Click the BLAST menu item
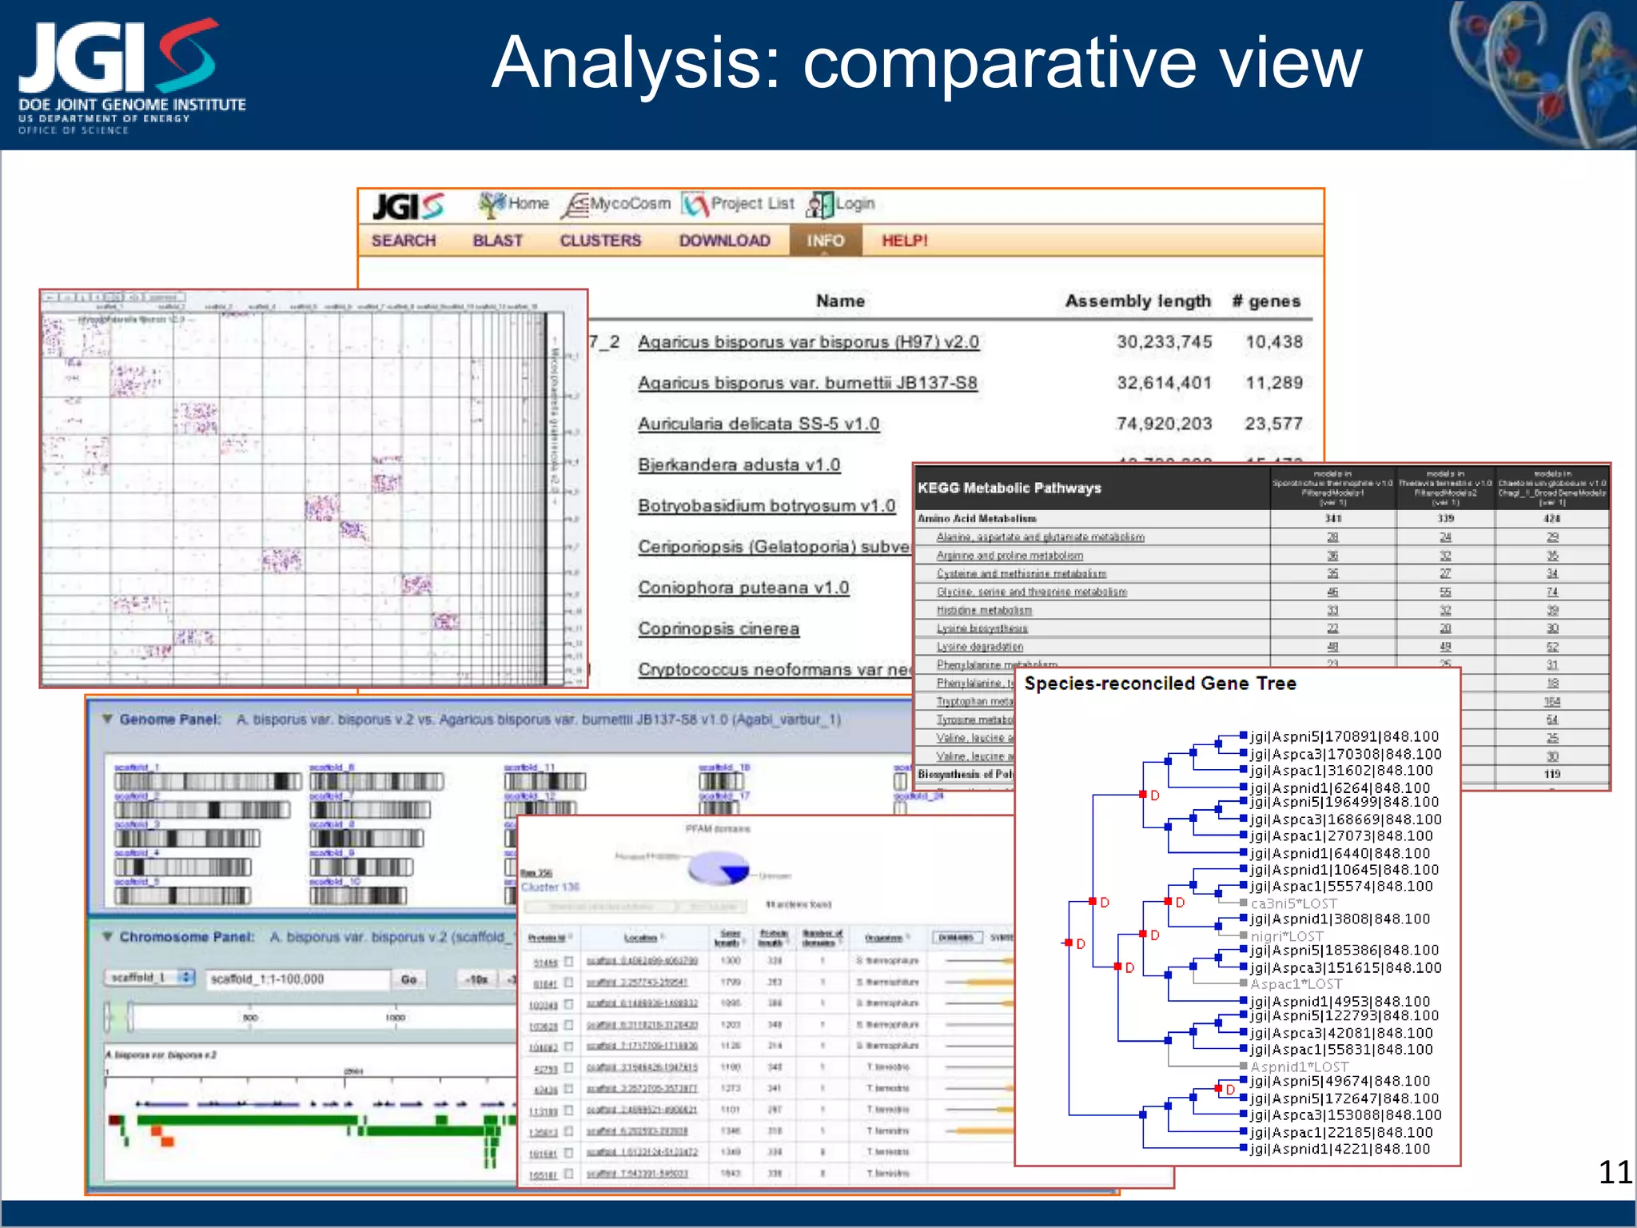point(497,241)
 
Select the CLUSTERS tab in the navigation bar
point(600,241)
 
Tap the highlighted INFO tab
point(825,241)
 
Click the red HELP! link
point(904,241)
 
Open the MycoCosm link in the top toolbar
point(629,204)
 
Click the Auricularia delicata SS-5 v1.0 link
point(758,424)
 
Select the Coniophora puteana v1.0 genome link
point(743,588)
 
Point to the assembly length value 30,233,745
point(1164,342)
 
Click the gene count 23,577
point(1273,424)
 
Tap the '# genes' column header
point(1266,301)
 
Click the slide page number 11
point(1615,1172)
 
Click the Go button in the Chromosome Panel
point(408,979)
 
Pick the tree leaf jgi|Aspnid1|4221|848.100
point(1340,1149)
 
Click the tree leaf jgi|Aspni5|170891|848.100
point(1344,736)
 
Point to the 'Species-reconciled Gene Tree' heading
point(1160,684)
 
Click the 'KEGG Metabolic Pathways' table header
point(1009,488)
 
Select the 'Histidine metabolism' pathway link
point(984,611)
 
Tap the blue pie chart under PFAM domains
point(719,868)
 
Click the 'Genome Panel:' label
point(169,720)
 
